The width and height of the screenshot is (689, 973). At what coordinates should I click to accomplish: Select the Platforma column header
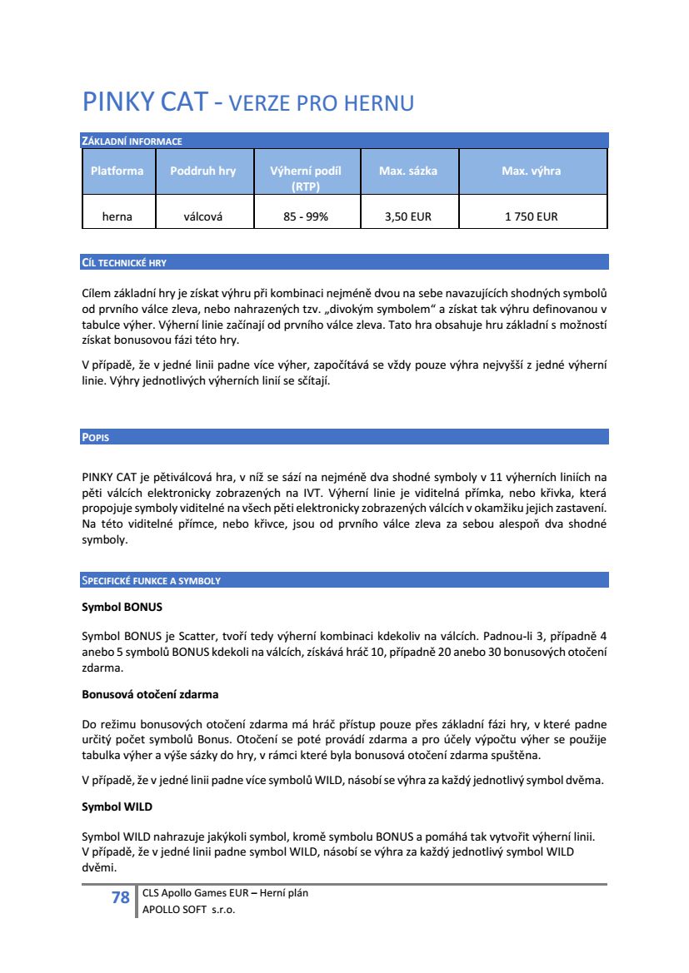click(x=117, y=171)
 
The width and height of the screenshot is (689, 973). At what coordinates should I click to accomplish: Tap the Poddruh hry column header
click(x=202, y=171)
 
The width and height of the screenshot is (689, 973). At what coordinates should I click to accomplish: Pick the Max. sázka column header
click(x=408, y=171)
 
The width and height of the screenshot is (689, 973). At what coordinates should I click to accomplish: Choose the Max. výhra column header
click(x=531, y=171)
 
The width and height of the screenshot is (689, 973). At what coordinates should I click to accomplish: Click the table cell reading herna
click(x=117, y=216)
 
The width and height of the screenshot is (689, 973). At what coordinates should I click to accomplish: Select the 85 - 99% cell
click(x=306, y=216)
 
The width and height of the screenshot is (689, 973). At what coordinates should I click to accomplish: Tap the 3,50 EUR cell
click(x=408, y=216)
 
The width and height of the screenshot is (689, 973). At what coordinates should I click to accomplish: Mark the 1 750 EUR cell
click(x=531, y=216)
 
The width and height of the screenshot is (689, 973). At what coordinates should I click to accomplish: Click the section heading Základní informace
click(x=132, y=141)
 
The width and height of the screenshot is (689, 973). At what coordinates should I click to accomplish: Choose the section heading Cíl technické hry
click(x=124, y=263)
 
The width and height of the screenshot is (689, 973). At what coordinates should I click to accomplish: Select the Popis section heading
click(x=95, y=438)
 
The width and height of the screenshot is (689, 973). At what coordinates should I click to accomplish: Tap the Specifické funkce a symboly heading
click(x=151, y=581)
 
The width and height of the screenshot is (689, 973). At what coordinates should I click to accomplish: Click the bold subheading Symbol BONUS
click(x=122, y=606)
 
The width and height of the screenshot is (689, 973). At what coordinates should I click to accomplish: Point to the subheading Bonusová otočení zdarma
click(x=150, y=693)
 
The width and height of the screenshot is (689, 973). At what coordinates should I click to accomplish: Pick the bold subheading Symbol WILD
click(x=117, y=807)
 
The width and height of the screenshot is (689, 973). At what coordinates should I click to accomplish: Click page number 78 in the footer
click(x=121, y=897)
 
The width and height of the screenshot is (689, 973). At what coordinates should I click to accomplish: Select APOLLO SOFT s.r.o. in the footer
click(x=189, y=910)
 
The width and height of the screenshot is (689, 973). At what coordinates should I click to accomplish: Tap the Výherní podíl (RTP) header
click(x=306, y=178)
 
